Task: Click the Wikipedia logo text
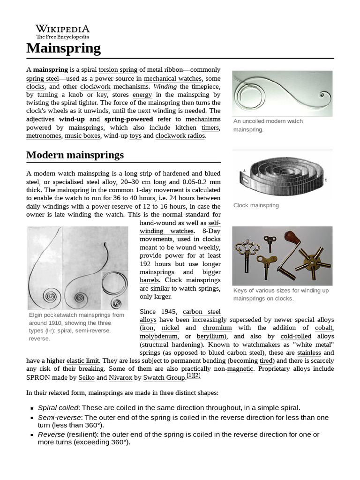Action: click(x=62, y=30)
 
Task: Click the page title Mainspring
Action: click(x=63, y=48)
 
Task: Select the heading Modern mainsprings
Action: click(x=75, y=155)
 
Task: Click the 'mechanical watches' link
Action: click(x=172, y=78)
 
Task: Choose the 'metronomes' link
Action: click(x=44, y=135)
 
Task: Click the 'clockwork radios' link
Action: click(x=180, y=135)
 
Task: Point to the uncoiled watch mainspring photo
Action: click(x=282, y=93)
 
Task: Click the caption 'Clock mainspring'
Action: click(x=256, y=205)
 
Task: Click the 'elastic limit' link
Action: click(x=82, y=360)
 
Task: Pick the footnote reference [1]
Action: click(x=190, y=375)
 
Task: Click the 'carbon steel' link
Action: click(x=202, y=311)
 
